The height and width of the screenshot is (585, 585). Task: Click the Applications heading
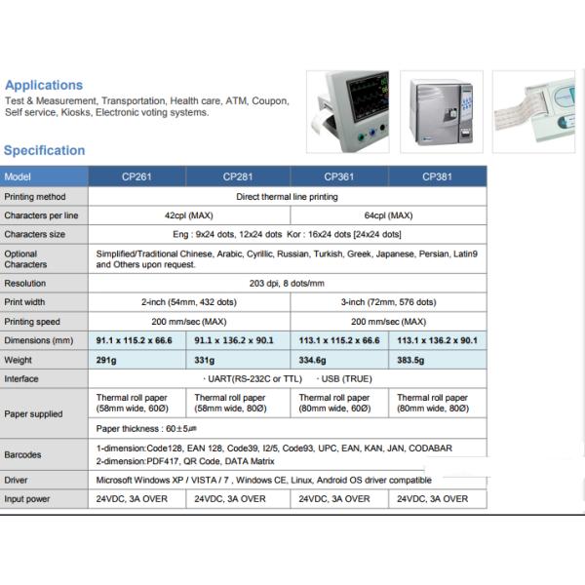[44, 85]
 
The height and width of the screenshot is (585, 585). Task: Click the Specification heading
[44, 150]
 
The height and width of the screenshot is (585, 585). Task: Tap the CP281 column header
[239, 176]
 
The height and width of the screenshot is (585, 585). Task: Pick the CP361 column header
[338, 176]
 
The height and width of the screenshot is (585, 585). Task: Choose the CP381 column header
[437, 176]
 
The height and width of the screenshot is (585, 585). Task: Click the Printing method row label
[35, 196]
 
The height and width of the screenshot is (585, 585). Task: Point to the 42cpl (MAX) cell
[189, 214]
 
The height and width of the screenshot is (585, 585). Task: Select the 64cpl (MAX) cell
[388, 214]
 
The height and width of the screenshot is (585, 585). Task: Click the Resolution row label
[25, 283]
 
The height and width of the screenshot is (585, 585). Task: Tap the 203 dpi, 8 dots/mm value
[288, 283]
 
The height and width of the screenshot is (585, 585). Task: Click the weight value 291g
[107, 360]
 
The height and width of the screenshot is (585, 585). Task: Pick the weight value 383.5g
[410, 360]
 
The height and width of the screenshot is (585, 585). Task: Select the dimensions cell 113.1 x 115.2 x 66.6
[338, 340]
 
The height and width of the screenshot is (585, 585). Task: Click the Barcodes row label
[24, 453]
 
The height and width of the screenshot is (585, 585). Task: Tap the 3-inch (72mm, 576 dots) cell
[388, 302]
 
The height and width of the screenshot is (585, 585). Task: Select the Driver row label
[17, 480]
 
